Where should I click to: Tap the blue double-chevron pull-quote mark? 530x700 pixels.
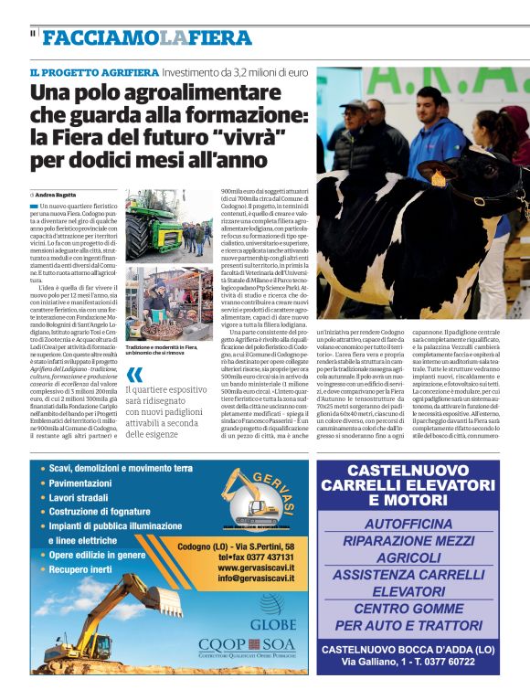(x=134, y=376)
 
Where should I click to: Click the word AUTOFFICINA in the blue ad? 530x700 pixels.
(x=407, y=524)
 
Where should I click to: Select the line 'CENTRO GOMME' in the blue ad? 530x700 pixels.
(x=407, y=608)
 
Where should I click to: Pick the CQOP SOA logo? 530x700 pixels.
(x=247, y=645)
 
